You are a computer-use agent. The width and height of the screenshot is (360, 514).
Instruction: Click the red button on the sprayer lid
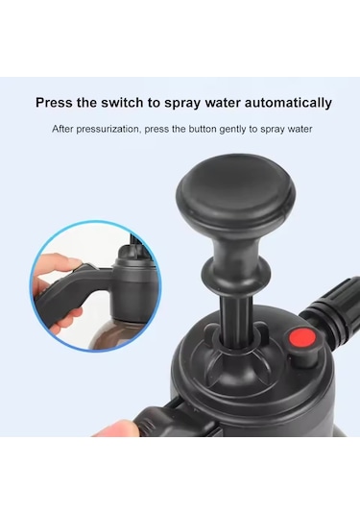click(x=301, y=339)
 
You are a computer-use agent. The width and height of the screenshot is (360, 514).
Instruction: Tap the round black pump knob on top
click(x=236, y=192)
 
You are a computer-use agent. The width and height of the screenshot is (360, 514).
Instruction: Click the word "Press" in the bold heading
click(x=54, y=103)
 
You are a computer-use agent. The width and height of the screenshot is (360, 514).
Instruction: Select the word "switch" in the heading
click(x=121, y=103)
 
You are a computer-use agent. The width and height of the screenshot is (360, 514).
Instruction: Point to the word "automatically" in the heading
click(x=288, y=103)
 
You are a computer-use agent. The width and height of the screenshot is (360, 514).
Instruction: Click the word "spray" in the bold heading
click(x=182, y=104)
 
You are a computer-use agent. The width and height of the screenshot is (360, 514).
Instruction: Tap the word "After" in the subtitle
click(x=62, y=129)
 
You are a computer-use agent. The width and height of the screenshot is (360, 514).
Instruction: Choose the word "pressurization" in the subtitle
click(x=108, y=129)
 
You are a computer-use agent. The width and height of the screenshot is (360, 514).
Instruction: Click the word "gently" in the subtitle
click(x=234, y=130)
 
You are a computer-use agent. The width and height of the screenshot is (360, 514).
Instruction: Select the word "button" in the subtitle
click(x=203, y=129)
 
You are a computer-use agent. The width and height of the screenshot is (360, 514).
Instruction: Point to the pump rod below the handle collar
click(x=235, y=320)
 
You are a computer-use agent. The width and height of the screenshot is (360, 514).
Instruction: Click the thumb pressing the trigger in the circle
click(x=58, y=263)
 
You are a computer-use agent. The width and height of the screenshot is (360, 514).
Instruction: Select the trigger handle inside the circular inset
click(x=70, y=292)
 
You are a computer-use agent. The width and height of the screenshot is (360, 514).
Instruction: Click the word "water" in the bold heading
click(x=223, y=103)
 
